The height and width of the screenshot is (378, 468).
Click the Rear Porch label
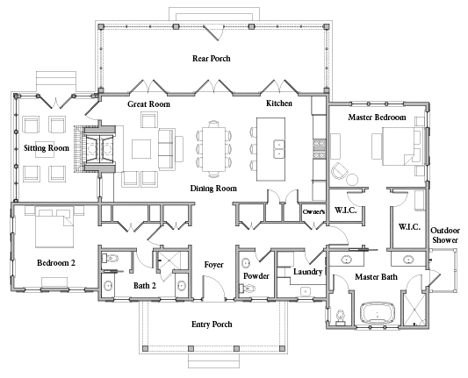pyautogui.click(x=212, y=59)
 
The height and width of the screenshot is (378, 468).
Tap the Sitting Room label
pyautogui.click(x=47, y=148)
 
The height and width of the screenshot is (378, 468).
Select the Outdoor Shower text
pyautogui.click(x=445, y=235)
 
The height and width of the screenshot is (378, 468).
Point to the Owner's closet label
pyautogui.click(x=313, y=211)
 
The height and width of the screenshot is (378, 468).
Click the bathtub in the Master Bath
pyautogui.click(x=378, y=313)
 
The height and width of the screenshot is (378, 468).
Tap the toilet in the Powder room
pyautogui.click(x=248, y=289)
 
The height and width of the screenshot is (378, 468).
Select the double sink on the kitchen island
pyautogui.click(x=278, y=149)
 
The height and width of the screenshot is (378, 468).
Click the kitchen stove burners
pyautogui.click(x=319, y=149)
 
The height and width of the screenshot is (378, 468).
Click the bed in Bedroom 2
pyautogui.click(x=54, y=227)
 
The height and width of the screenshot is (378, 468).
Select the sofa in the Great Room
pyautogui.click(x=167, y=149)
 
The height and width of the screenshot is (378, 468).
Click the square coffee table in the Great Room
pyautogui.click(x=141, y=149)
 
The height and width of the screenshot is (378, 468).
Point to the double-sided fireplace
pyautogui.click(x=100, y=149)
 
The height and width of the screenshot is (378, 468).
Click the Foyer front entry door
pyautogui.click(x=213, y=287)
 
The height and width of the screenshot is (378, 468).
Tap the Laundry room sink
pyautogui.click(x=306, y=291)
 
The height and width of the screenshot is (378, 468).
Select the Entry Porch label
pyautogui.click(x=212, y=325)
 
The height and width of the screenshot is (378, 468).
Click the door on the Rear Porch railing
pyautogui.click(x=212, y=32)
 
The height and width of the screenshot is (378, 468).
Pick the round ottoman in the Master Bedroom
pyautogui.click(x=352, y=180)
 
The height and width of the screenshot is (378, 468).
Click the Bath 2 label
pyautogui.click(x=145, y=286)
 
